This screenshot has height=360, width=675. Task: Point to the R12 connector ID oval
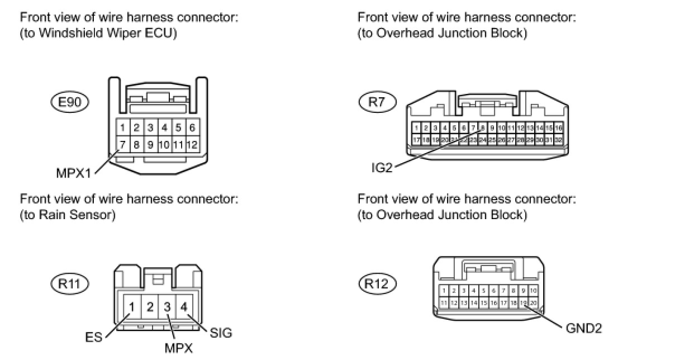click(377, 283)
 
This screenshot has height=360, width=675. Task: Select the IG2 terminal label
click(382, 168)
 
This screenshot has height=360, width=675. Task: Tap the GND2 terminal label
click(584, 328)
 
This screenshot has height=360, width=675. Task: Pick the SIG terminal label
click(221, 333)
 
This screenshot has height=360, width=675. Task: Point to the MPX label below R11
click(179, 348)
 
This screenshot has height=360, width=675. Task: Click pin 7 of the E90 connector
click(122, 145)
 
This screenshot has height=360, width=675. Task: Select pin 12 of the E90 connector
click(192, 145)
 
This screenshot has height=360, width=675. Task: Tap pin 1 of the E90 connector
click(122, 127)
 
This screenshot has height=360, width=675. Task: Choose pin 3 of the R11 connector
click(167, 306)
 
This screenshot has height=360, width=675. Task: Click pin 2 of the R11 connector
click(150, 306)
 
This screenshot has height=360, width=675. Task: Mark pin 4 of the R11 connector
click(184, 306)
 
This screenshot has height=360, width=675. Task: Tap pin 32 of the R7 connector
click(558, 139)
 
